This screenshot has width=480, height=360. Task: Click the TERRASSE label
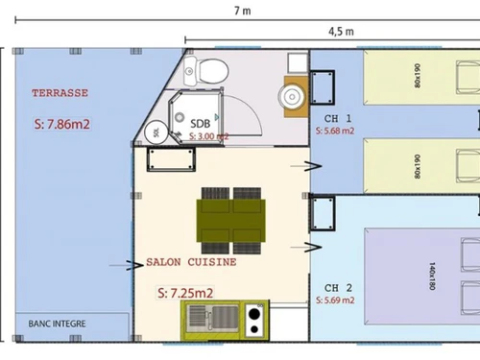60,93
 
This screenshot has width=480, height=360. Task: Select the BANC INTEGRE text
58,324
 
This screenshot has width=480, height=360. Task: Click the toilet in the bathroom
211,71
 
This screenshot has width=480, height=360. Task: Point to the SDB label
201,124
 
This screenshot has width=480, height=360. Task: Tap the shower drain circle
180,119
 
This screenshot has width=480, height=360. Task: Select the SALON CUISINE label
191,261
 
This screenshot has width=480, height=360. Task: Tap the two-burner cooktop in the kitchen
254,319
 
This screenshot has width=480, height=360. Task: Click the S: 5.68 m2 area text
335,131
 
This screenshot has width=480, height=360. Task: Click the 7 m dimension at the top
243,11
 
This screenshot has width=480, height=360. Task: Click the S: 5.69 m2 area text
335,300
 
